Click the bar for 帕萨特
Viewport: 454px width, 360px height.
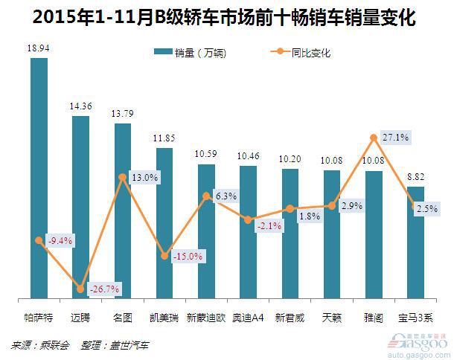click(39, 179)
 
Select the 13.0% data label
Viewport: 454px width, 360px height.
click(144, 178)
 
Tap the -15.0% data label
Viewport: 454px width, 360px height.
click(187, 256)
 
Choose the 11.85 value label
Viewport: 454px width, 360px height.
click(164, 138)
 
